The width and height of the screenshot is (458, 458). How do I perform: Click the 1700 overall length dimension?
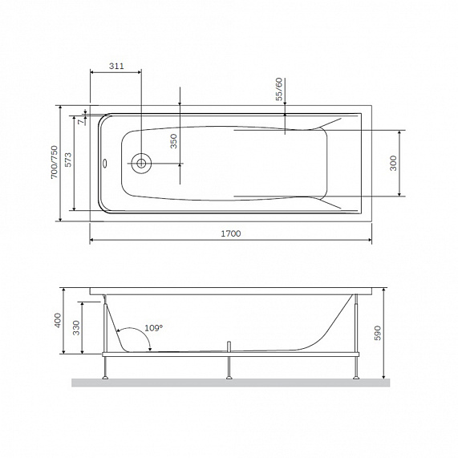point(229,233)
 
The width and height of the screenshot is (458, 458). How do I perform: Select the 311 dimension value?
point(116,67)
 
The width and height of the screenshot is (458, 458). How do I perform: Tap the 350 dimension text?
point(173,141)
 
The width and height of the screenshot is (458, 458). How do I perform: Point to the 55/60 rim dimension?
point(279,89)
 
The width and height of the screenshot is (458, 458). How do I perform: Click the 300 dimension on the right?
point(392,163)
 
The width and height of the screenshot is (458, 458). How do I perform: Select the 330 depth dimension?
point(75,327)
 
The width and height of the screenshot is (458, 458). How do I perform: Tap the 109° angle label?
point(152,327)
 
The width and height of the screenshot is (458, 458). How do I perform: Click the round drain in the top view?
point(141,163)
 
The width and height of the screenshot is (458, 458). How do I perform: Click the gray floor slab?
point(230,383)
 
